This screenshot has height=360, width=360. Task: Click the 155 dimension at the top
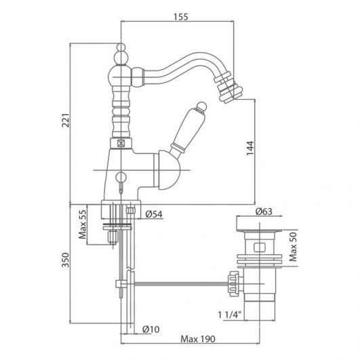click(x=181, y=17)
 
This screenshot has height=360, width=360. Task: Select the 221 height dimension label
click(x=66, y=120)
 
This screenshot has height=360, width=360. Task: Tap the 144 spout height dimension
click(x=250, y=148)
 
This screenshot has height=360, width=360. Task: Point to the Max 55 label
click(x=83, y=224)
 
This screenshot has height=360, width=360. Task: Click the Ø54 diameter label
click(x=154, y=214)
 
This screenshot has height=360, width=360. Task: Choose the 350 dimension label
click(x=66, y=260)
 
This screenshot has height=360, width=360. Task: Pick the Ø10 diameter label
click(x=151, y=329)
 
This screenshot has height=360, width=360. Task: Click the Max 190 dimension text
click(x=198, y=339)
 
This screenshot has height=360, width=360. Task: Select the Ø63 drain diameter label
click(x=264, y=212)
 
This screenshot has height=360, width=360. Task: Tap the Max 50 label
click(x=293, y=247)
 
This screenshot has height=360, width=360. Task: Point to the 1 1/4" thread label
click(x=230, y=315)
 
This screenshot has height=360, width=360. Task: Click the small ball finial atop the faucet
click(x=121, y=47)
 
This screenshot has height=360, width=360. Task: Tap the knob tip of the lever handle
click(x=202, y=106)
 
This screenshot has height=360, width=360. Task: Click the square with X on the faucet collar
click(x=121, y=143)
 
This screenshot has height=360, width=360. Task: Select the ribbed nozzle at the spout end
click(x=227, y=87)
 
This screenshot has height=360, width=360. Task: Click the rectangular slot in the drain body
click(x=260, y=247)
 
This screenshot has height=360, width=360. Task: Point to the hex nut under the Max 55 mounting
click(x=113, y=237)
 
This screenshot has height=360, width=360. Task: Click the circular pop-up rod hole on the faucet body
click(x=121, y=177)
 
